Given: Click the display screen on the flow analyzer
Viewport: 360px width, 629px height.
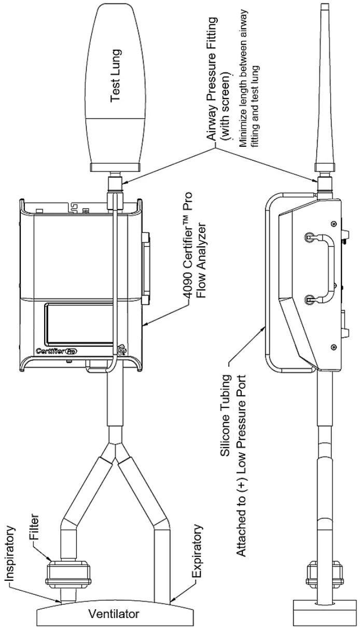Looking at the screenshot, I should [78, 324].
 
